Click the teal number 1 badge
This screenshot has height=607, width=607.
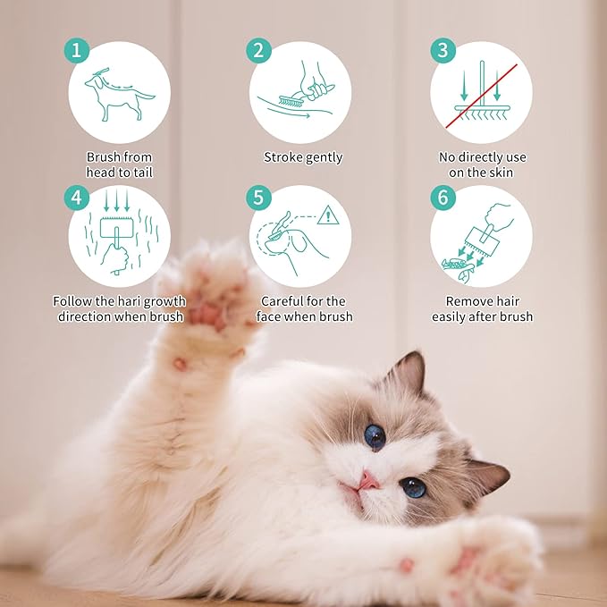pos(77,50)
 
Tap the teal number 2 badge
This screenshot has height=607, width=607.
pos(258,50)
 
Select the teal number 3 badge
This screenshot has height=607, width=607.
pos(443,50)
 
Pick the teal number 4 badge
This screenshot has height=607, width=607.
pos(77,198)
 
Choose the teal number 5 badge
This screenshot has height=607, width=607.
pos(258,198)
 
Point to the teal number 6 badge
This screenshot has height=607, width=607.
pos(443,198)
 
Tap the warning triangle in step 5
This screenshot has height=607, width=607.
pos(328,215)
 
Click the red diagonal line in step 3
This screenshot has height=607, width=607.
pos(481,96)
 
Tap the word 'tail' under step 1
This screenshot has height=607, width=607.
pos(143,173)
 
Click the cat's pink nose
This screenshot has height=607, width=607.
pos(368,482)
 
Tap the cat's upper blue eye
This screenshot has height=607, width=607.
pos(375,437)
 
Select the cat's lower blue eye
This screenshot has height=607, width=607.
pos(413,487)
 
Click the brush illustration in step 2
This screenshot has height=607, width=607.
pos(292,101)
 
